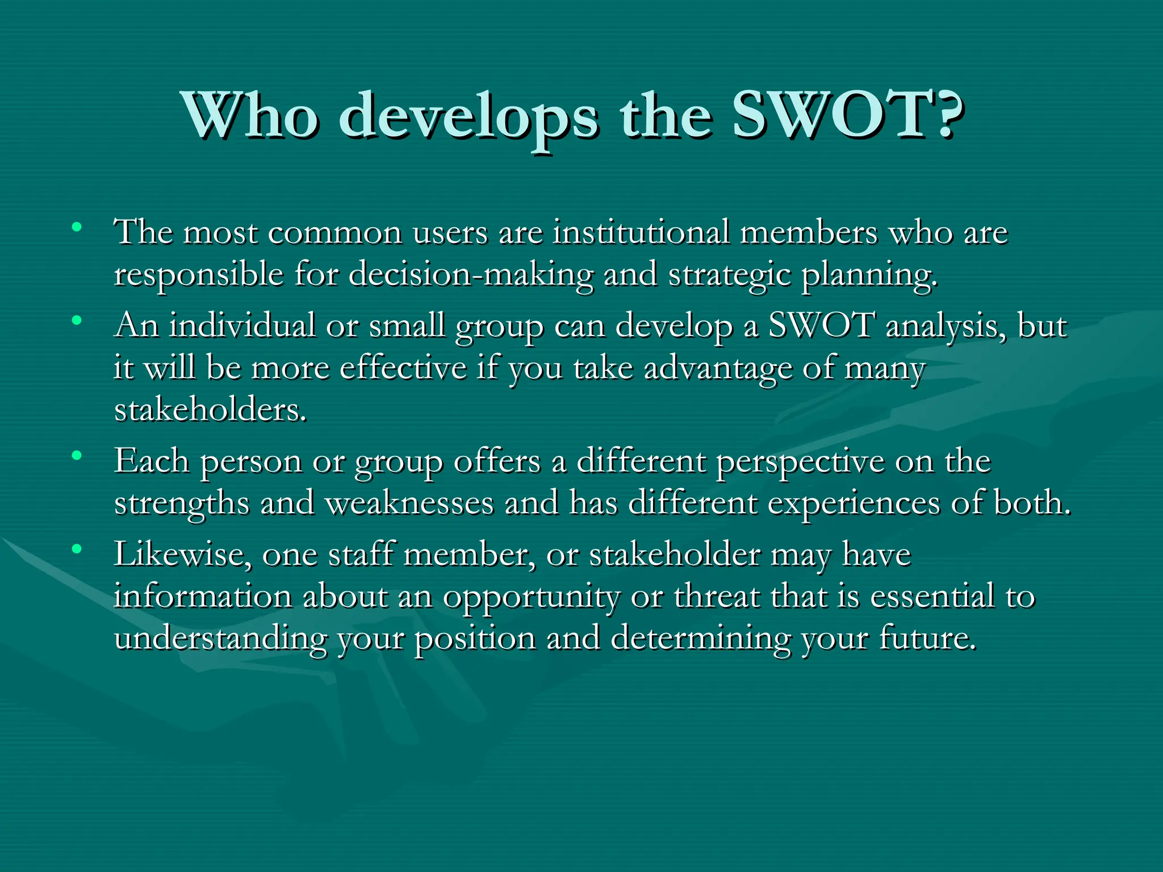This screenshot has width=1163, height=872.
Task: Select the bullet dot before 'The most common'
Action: (x=77, y=228)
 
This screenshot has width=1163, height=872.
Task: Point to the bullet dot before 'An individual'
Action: (x=77, y=321)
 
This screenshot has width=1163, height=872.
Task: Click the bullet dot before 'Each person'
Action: (x=77, y=455)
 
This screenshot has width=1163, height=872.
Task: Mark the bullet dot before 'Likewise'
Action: (x=77, y=548)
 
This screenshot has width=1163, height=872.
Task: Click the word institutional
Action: (x=641, y=232)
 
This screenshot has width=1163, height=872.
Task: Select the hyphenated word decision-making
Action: (x=471, y=275)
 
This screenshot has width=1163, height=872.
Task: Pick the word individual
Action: (x=242, y=326)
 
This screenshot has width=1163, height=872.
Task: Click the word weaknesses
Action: (x=409, y=503)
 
